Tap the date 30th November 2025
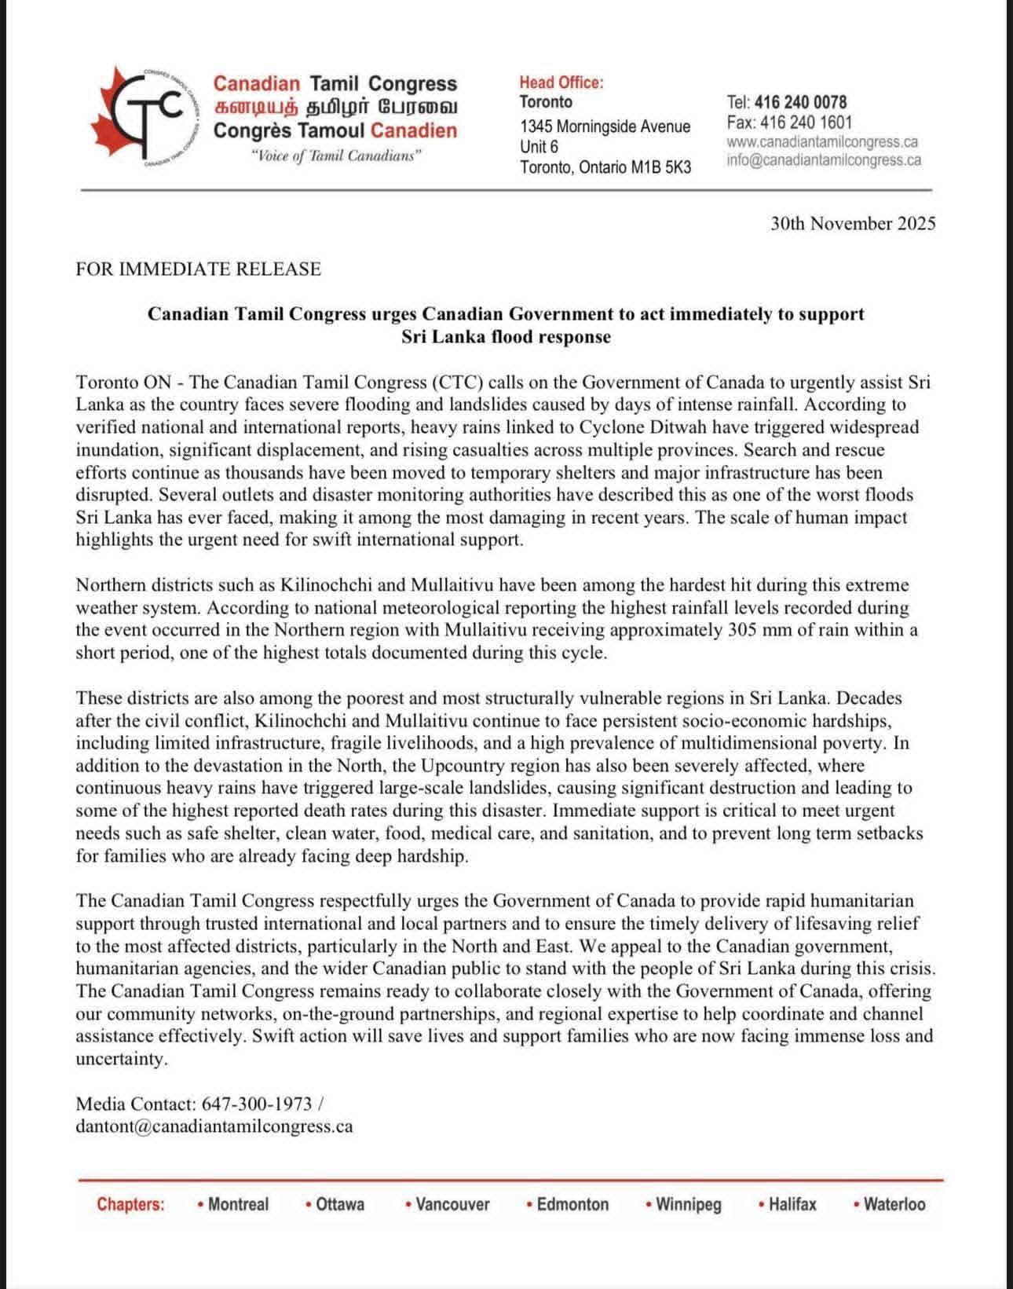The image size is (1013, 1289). click(x=853, y=224)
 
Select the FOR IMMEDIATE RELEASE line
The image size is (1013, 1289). click(x=199, y=269)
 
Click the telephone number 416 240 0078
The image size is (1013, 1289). click(x=799, y=102)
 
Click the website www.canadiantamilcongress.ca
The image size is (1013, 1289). click(x=822, y=142)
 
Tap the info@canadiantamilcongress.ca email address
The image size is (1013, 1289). click(x=824, y=161)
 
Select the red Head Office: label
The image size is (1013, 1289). click(x=561, y=82)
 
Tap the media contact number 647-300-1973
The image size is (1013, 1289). click(x=258, y=1104)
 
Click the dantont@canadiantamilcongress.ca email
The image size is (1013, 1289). click(x=214, y=1126)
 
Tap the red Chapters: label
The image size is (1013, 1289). click(x=130, y=1205)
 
